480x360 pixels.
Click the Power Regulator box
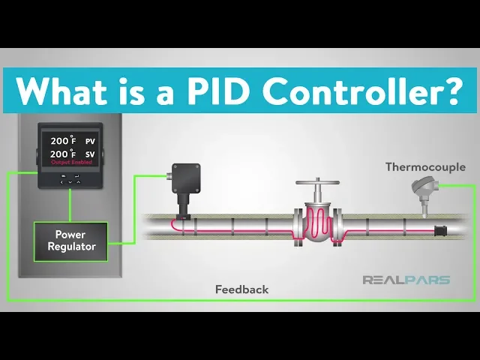pos(70,240)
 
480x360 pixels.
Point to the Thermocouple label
pos(425,166)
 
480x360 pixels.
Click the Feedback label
pos(241,289)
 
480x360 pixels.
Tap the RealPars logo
pos(406,280)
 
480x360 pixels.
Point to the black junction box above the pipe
pos(183,179)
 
